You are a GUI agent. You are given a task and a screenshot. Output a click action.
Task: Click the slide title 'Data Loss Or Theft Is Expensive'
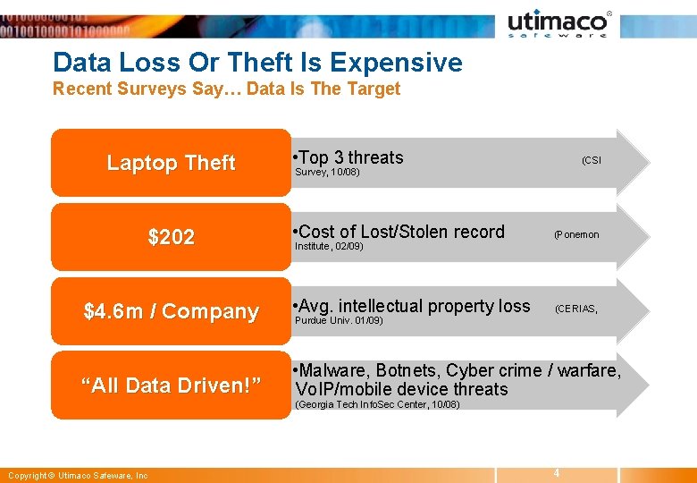tap(257, 63)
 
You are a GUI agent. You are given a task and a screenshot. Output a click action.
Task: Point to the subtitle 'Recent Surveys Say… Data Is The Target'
tap(226, 89)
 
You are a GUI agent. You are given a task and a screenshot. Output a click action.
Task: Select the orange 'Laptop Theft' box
tap(171, 163)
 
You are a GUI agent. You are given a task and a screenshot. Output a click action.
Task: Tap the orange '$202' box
tap(171, 237)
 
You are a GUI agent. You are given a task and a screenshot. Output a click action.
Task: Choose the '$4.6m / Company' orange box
tap(171, 311)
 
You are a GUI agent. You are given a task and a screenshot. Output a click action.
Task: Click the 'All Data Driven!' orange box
tap(171, 386)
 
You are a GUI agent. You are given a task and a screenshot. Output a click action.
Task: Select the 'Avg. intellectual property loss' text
tap(415, 306)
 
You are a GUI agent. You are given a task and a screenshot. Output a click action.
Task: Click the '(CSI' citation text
tap(592, 160)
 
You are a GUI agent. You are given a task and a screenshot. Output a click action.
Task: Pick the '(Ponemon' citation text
tap(576, 234)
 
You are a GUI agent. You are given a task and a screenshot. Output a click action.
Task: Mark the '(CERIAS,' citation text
tap(576, 309)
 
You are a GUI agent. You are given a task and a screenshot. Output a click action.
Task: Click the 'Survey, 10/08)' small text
tap(327, 172)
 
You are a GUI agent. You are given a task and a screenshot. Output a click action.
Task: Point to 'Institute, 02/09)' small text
tap(329, 245)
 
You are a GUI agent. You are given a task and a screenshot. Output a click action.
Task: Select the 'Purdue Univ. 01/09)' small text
tap(339, 319)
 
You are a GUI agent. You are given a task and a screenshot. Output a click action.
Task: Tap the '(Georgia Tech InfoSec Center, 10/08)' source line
tap(377, 404)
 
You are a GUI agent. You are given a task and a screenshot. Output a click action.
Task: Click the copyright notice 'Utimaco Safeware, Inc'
tap(77, 476)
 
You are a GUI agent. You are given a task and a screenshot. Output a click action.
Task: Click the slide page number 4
tap(556, 472)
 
